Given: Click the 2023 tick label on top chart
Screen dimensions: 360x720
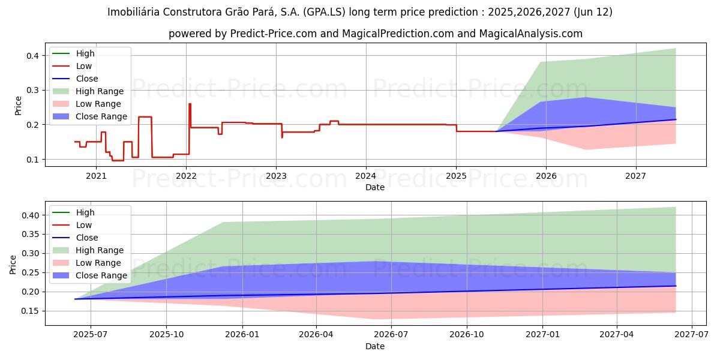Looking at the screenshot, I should tap(276, 176).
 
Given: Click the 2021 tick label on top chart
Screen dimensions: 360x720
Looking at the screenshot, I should tap(96, 176).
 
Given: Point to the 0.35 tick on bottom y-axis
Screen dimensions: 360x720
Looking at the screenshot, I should tap(29, 235).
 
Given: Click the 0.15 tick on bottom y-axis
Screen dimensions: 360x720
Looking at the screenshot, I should tap(29, 311).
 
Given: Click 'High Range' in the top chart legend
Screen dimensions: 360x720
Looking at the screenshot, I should tap(100, 91).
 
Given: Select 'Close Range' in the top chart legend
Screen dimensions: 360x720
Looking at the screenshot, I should tap(101, 116).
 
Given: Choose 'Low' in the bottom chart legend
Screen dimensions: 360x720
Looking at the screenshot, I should tap(84, 225).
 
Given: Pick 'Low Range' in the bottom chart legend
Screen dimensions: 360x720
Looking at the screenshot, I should tap(99, 263).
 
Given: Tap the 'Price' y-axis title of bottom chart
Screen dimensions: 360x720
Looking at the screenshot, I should tap(13, 264).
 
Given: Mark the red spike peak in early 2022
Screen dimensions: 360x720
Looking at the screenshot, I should tap(190, 104).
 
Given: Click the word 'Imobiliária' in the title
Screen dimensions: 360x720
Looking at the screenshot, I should tap(134, 12).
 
